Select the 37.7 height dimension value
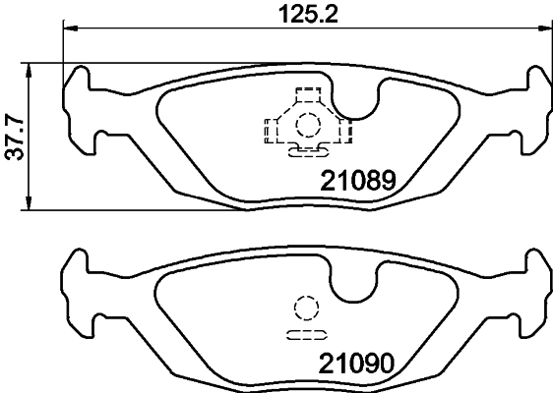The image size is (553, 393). coord(14,138)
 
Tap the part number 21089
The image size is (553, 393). coord(358,182)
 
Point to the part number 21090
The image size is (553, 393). coord(358,363)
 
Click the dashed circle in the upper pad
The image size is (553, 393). coord(308,125)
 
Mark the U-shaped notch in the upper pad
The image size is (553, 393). coord(355,104)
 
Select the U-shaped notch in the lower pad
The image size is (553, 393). coord(355,285)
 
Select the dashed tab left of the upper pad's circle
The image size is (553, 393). coord(270,128)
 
